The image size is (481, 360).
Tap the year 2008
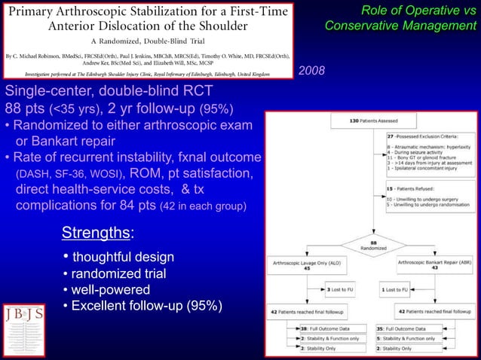click(x=312, y=70)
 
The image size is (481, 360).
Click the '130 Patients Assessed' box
click(x=354, y=121)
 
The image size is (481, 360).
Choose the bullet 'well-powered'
click(x=106, y=289)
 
